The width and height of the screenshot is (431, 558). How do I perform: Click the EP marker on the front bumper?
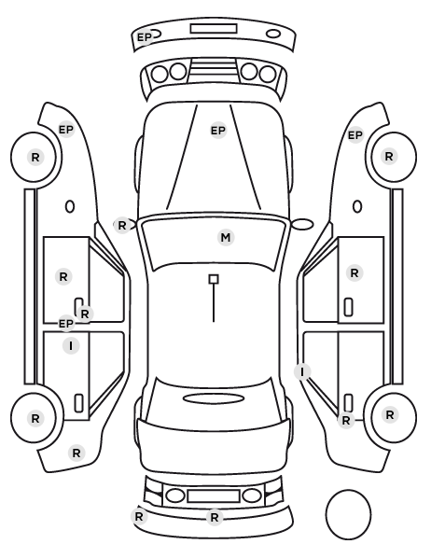(x=145, y=37)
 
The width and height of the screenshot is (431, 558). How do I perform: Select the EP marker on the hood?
(x=218, y=131)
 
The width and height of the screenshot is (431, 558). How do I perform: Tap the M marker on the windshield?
(x=226, y=237)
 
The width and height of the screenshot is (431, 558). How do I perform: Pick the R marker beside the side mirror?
(x=122, y=225)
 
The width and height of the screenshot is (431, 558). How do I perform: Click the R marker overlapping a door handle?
(x=85, y=314)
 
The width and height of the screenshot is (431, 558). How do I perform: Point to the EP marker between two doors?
(x=66, y=324)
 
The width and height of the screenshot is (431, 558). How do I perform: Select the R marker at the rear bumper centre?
(x=215, y=518)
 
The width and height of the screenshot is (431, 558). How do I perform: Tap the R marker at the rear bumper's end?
(x=139, y=516)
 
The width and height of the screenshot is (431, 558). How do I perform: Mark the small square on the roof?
(x=214, y=279)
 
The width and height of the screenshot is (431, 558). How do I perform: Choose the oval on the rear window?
(x=214, y=398)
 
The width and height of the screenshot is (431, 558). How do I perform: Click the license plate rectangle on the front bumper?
(x=214, y=29)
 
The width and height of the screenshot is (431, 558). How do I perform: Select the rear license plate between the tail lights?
(x=214, y=496)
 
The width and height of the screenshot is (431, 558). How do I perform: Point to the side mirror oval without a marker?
(x=303, y=224)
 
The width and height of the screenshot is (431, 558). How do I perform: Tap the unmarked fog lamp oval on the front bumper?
(x=273, y=35)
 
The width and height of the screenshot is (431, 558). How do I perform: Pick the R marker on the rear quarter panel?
(x=76, y=453)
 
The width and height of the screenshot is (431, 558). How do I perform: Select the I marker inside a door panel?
(x=71, y=346)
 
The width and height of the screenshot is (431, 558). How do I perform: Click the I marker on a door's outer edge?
(x=302, y=372)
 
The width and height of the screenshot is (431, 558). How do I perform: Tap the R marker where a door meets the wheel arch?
(x=346, y=420)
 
